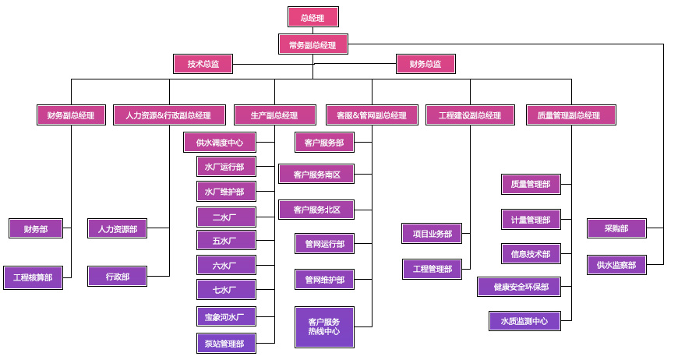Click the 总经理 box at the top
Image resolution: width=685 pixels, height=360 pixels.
coord(312,17)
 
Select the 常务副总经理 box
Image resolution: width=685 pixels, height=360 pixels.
coord(312,44)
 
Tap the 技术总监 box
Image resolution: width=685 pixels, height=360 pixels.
coord(203,64)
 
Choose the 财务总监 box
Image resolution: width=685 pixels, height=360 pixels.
coord(425,64)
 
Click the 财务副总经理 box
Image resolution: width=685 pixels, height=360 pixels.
coord(71,115)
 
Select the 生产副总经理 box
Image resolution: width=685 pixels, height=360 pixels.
coord(274,115)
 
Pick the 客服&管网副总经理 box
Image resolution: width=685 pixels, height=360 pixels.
coord(371,115)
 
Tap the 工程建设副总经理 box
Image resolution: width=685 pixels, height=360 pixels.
coord(470,115)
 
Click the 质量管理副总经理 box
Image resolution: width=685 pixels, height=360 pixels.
coord(570,115)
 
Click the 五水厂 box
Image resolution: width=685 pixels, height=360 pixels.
coord(225,240)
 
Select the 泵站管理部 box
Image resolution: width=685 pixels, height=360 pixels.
coord(225,343)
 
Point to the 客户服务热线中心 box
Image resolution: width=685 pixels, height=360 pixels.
coord(324,327)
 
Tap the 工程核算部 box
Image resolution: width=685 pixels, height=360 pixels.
coord(33,277)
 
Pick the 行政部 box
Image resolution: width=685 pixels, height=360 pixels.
coord(117,277)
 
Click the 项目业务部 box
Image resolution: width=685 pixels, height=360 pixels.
coord(433,234)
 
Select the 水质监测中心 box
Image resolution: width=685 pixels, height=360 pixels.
coord(524,320)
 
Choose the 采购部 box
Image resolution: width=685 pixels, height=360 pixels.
coord(616,228)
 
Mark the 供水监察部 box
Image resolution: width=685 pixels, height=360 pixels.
coord(616,265)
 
